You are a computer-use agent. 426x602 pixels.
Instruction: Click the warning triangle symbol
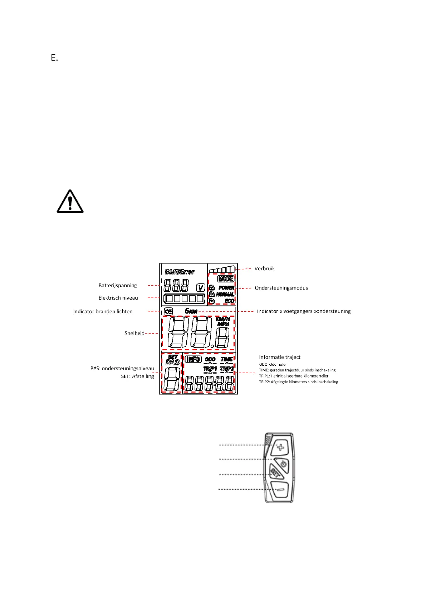pyautogui.click(x=70, y=202)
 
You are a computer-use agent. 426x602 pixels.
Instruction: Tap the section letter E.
pyautogui.click(x=54, y=58)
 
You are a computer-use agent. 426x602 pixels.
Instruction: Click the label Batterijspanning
pyautogui.click(x=118, y=285)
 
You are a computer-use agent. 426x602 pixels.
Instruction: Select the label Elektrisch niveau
pyautogui.click(x=118, y=298)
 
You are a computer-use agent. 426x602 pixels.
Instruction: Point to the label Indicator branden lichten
pyautogui.click(x=103, y=311)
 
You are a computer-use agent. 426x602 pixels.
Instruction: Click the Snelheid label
pyautogui.click(x=134, y=333)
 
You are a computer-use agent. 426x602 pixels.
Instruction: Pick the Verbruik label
pyautogui.click(x=264, y=268)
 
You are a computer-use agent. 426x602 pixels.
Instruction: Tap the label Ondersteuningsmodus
pyautogui.click(x=281, y=288)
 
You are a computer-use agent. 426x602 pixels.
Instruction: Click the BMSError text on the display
pyautogui.click(x=180, y=272)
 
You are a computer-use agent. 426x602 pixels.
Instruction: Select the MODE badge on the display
pyautogui.click(x=226, y=279)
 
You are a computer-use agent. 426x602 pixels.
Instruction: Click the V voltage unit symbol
pyautogui.click(x=201, y=288)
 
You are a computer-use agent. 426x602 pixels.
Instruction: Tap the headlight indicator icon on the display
pyautogui.click(x=168, y=311)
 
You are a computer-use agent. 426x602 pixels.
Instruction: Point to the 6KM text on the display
pyautogui.click(x=191, y=311)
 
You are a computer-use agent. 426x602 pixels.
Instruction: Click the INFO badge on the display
pyautogui.click(x=193, y=359)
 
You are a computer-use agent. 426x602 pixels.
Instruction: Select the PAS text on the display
pyautogui.click(x=173, y=362)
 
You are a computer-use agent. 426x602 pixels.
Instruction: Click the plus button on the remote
pyautogui.click(x=281, y=447)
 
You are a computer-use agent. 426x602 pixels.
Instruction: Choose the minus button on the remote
pyautogui.click(x=281, y=489)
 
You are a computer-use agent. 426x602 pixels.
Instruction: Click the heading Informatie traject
pyautogui.click(x=280, y=357)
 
